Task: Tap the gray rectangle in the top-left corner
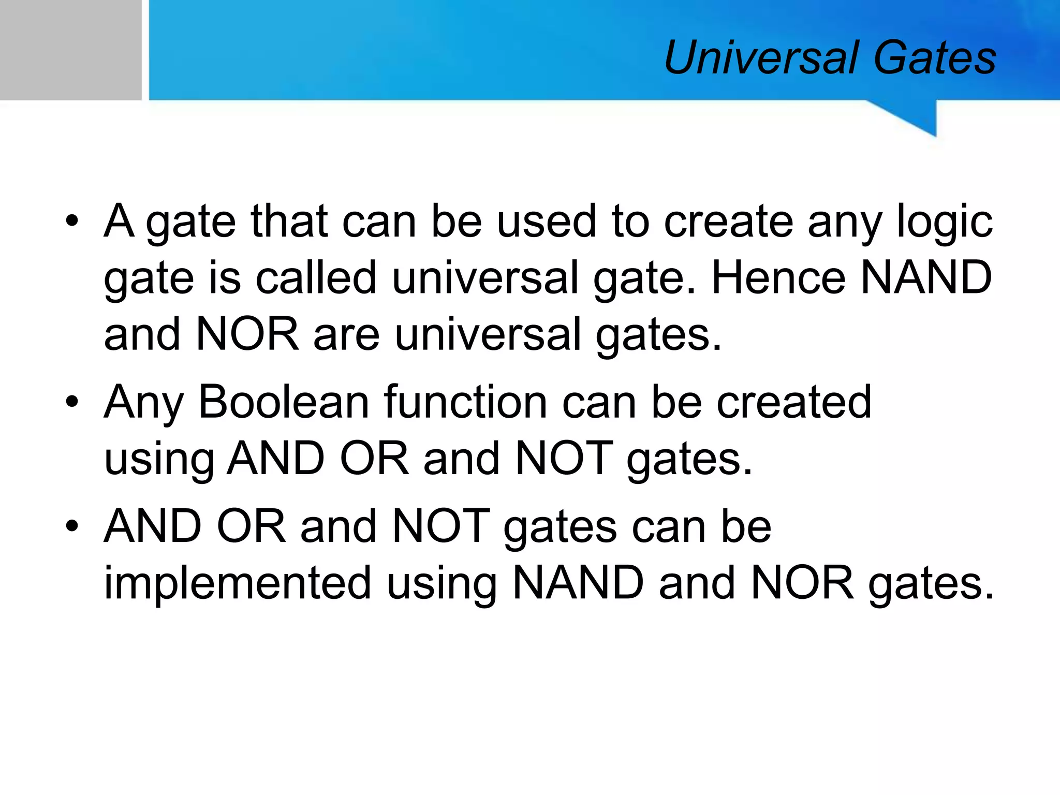pyautogui.click(x=70, y=50)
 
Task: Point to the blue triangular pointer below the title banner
pyautogui.click(x=916, y=116)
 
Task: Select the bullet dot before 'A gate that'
pyautogui.click(x=72, y=221)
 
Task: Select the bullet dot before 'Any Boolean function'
pyautogui.click(x=72, y=402)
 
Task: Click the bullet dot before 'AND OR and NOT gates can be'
pyautogui.click(x=72, y=526)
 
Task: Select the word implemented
pyautogui.click(x=238, y=584)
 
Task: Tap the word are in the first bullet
pyautogui.click(x=346, y=335)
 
